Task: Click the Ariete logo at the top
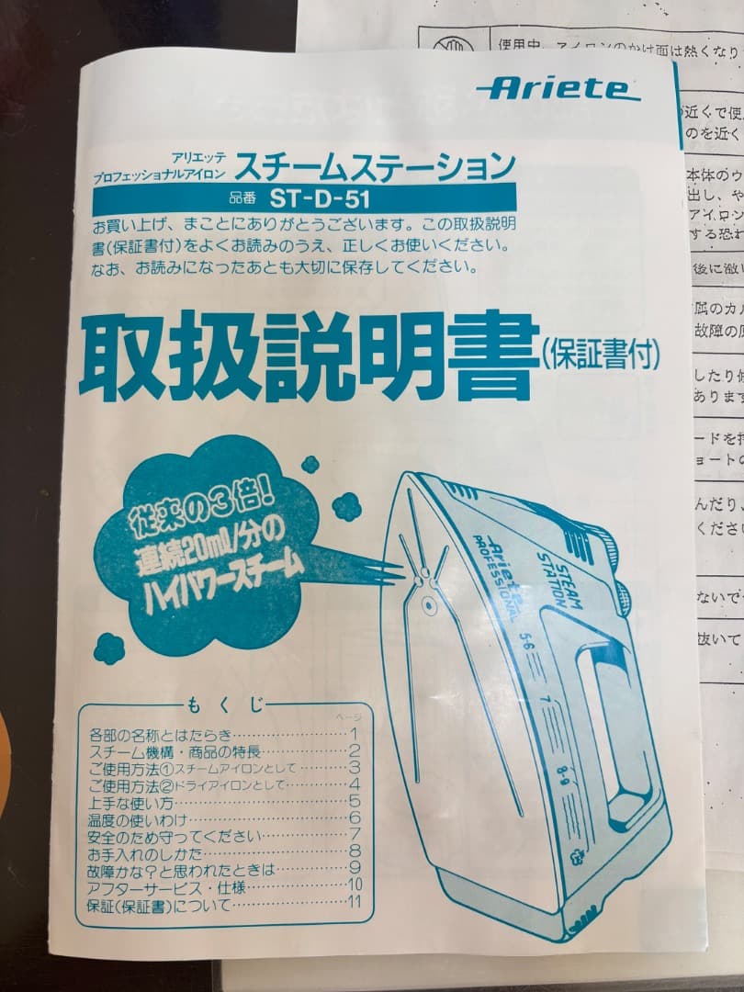point(557,89)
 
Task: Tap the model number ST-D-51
point(319,197)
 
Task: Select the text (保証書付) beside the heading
point(601,354)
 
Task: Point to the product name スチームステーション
point(375,166)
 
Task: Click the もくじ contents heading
point(224,705)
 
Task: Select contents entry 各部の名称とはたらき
point(162,736)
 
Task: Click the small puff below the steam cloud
point(109,648)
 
